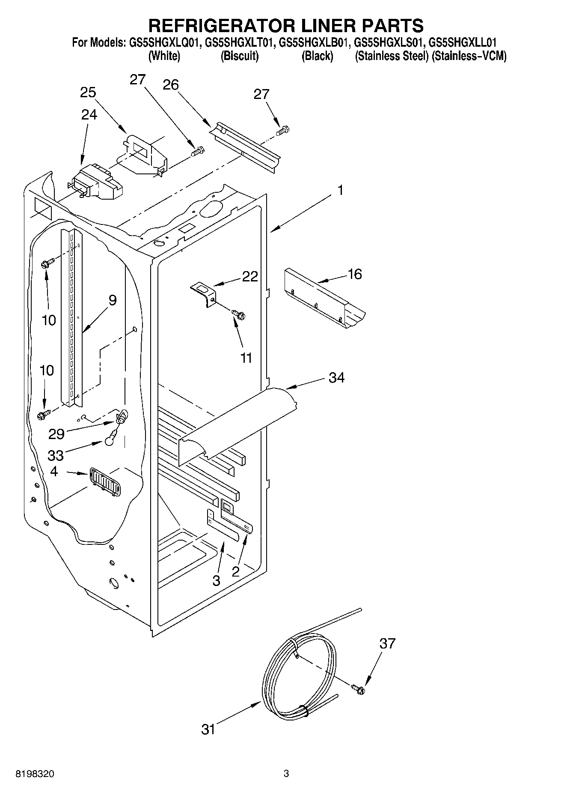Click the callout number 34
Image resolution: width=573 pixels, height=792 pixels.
[336, 378]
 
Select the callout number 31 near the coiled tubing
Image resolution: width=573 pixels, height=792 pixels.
[208, 729]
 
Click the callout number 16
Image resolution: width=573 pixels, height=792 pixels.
[355, 274]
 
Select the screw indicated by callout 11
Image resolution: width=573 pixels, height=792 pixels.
[239, 315]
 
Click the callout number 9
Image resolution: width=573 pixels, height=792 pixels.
[112, 300]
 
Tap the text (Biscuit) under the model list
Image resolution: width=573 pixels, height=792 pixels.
[239, 56]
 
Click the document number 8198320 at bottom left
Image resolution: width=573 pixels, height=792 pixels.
[35, 774]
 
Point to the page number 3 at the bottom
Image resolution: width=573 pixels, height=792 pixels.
[286, 774]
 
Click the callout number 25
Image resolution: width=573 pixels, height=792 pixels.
[88, 93]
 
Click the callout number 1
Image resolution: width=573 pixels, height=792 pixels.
[340, 190]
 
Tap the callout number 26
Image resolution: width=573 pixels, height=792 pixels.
[170, 85]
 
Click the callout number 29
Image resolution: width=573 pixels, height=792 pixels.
[56, 434]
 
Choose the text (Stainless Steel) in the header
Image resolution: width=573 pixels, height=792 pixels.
[391, 56]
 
